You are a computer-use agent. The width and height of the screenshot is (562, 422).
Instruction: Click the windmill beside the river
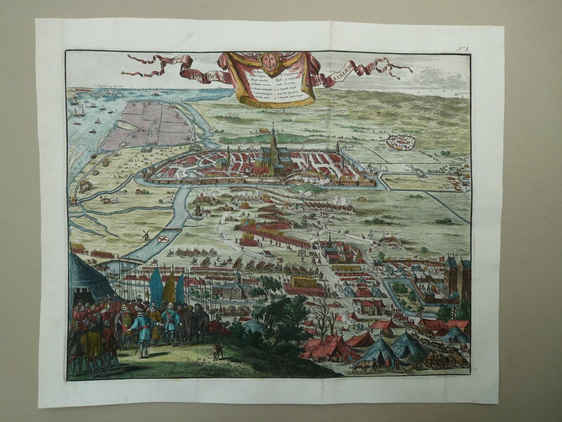[147, 235]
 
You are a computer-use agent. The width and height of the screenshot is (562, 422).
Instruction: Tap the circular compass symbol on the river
[163, 239]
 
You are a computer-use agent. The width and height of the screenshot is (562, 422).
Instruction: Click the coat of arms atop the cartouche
[270, 60]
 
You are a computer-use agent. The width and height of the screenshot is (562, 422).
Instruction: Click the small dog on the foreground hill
[217, 351]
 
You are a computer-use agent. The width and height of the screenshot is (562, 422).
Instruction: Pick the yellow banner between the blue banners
[169, 287]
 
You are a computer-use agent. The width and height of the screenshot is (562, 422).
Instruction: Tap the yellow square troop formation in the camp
[302, 282]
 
